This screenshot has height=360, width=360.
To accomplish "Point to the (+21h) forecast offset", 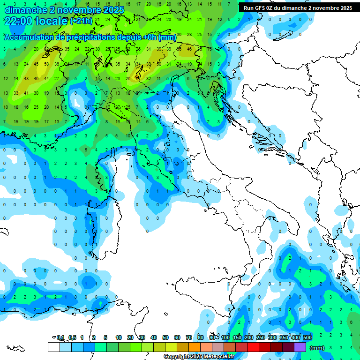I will point(81,21).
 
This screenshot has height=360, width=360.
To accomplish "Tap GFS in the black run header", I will point(259,8).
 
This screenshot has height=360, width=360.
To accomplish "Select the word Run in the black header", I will point(248,8).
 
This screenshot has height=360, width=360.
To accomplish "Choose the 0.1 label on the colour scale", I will point(60,337).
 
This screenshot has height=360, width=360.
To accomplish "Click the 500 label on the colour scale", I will point(307,337).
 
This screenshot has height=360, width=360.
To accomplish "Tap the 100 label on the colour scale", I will point(225,337).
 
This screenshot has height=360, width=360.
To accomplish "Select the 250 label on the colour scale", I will point(261,337).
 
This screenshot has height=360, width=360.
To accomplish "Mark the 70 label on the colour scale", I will point(189,337).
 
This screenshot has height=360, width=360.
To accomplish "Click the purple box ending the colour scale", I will point(300,347).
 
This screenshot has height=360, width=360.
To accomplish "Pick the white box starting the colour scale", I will point(53,347).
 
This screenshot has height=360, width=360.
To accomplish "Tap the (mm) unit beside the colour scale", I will point(317,347).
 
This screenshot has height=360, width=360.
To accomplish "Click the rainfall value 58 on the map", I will point(46,64).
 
